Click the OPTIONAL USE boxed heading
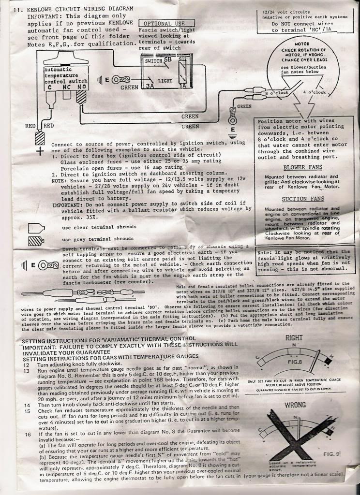coord(166,23)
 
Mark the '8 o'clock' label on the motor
coord(277,92)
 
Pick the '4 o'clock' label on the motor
coord(317,91)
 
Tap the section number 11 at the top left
coord(19,9)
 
